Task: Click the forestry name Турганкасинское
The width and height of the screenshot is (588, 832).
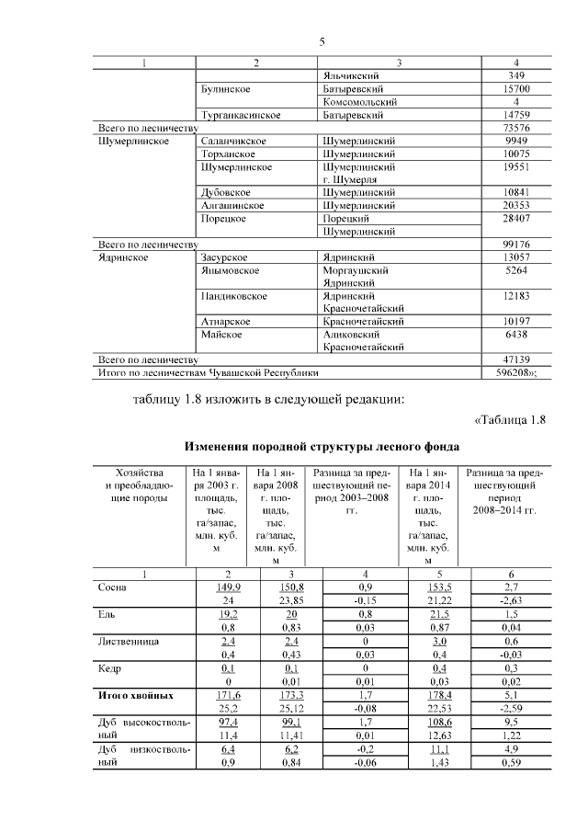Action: pyautogui.click(x=241, y=115)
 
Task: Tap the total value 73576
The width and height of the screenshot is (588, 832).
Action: pyautogui.click(x=516, y=128)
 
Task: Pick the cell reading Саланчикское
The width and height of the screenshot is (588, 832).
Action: pyautogui.click(x=233, y=141)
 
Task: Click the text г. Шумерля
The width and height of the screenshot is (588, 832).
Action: pyautogui.click(x=352, y=179)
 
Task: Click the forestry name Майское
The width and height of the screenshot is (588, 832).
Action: pyautogui.click(x=221, y=336)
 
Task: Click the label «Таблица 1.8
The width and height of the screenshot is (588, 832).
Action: pyautogui.click(x=510, y=421)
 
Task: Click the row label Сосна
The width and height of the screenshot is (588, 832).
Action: pyautogui.click(x=113, y=586)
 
